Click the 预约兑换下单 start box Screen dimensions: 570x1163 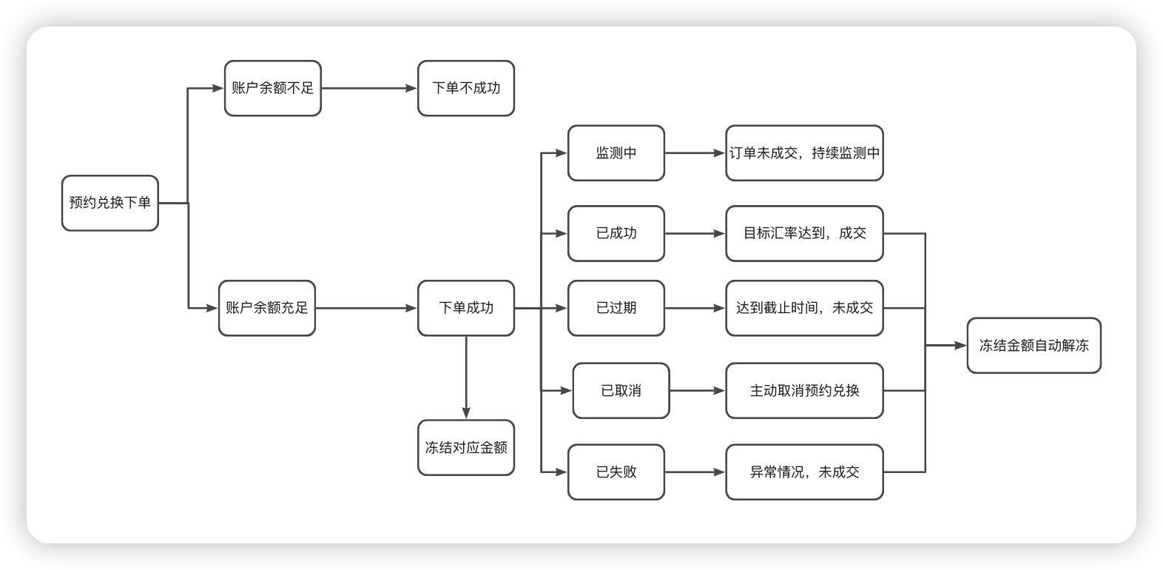pyautogui.click(x=109, y=203)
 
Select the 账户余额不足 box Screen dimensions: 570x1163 pyautogui.click(x=272, y=88)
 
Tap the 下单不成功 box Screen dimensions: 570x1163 pyautogui.click(x=465, y=88)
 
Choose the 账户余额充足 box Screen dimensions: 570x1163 pyautogui.click(x=266, y=308)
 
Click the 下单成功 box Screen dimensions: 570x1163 pyautogui.click(x=465, y=308)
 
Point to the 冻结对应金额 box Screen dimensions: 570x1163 pyautogui.click(x=465, y=448)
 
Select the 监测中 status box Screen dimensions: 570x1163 pyautogui.click(x=616, y=153)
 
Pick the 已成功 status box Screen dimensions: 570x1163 pyautogui.click(x=616, y=233)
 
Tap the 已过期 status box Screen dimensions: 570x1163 pyautogui.click(x=616, y=308)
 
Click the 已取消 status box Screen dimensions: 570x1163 pyautogui.click(x=621, y=391)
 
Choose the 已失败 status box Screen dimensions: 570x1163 pyautogui.click(x=616, y=472)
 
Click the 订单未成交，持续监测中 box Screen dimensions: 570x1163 pyautogui.click(x=804, y=153)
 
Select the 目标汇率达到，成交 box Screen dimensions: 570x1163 pyautogui.click(x=804, y=233)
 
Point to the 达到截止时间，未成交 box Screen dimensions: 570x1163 pyautogui.click(x=804, y=308)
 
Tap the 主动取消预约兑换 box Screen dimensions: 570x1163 pyautogui.click(x=804, y=391)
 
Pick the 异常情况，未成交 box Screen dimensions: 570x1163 pyautogui.click(x=804, y=472)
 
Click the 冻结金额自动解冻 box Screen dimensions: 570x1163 pyautogui.click(x=1034, y=346)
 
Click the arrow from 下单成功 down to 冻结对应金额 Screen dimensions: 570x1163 pyautogui.click(x=466, y=378)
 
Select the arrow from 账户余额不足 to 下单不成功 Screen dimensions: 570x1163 pyautogui.click(x=369, y=88)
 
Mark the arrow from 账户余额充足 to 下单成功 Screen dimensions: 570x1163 pyautogui.click(x=366, y=308)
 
